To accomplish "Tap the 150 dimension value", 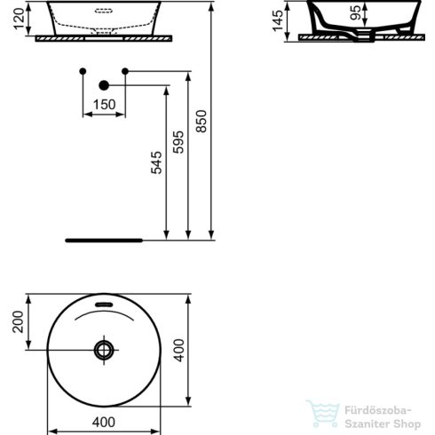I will coord(105,104).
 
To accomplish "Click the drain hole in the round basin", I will coord(105,350).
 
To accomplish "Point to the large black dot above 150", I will coord(103,85).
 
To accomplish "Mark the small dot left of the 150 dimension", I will coord(83,70).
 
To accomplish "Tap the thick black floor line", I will coord(105,240).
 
